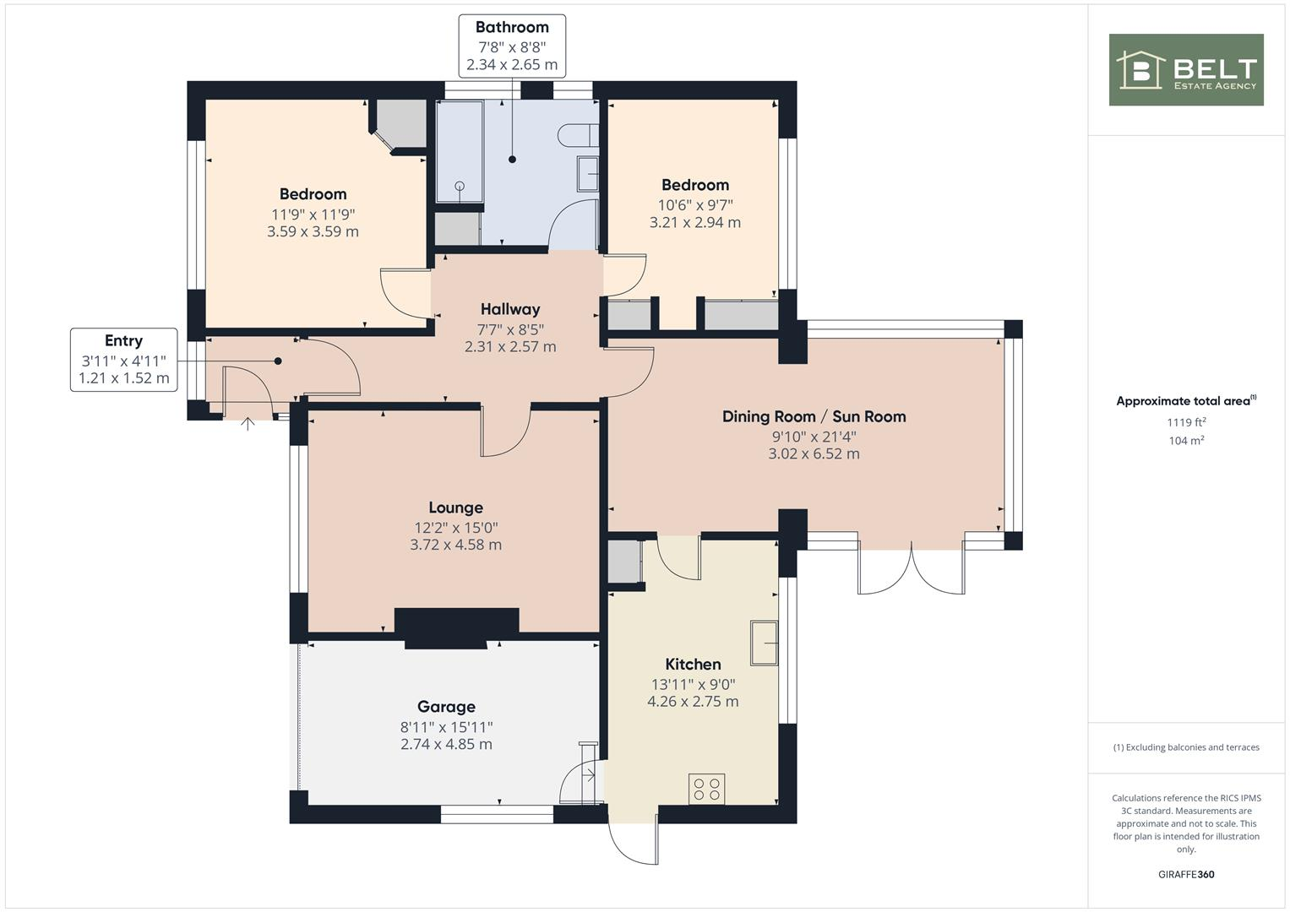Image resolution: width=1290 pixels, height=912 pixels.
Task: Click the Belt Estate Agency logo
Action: [x=1185, y=70]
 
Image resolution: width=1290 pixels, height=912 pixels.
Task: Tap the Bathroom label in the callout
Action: [x=512, y=27]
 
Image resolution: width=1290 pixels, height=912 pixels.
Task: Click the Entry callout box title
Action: [x=123, y=340]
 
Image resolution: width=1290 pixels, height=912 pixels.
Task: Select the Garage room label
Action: [x=446, y=707]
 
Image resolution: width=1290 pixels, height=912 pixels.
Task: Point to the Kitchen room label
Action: [x=693, y=665]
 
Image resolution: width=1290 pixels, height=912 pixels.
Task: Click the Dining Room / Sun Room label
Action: [x=814, y=416]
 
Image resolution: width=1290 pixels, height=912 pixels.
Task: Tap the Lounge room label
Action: [x=455, y=508]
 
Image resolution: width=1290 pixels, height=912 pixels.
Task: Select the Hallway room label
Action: [x=510, y=309]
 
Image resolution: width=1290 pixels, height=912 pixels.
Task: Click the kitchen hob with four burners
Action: [x=706, y=789]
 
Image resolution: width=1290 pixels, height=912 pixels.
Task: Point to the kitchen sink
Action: [x=764, y=643]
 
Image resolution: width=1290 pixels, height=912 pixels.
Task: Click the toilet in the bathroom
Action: [x=580, y=135]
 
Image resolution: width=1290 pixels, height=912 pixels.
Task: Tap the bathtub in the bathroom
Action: [x=460, y=152]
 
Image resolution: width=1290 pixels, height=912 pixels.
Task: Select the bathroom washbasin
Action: [x=587, y=174]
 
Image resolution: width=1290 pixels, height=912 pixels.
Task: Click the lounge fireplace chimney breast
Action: [x=456, y=627]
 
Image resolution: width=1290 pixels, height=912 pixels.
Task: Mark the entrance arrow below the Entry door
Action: [x=248, y=422]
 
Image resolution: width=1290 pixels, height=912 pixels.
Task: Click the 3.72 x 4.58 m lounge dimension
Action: [x=455, y=546]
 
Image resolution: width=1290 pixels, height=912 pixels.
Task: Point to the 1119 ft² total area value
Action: [x=1186, y=422]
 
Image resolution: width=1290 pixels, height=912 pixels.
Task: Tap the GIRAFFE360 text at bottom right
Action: [x=1185, y=874]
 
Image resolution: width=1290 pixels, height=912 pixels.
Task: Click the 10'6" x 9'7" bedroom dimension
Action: [x=694, y=204]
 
